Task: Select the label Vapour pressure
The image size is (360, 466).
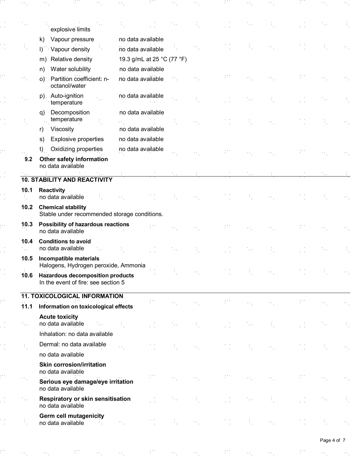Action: click(x=72, y=39)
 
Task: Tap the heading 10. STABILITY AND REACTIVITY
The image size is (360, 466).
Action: click(x=67, y=180)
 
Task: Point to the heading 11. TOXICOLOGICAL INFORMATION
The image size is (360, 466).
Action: click(x=72, y=296)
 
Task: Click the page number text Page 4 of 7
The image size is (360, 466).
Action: click(x=332, y=440)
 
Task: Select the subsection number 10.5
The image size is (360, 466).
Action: click(x=27, y=258)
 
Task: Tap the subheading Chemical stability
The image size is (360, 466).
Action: click(x=62, y=207)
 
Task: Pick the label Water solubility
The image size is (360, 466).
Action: click(x=71, y=69)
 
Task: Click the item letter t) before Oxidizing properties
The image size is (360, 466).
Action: click(x=42, y=149)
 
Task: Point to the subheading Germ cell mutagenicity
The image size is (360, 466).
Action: click(x=72, y=416)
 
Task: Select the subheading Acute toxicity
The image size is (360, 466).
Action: click(x=59, y=317)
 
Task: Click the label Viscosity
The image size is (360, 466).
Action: click(x=62, y=129)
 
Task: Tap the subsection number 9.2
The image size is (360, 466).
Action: click(x=29, y=159)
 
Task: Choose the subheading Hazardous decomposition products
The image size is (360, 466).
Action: click(x=86, y=275)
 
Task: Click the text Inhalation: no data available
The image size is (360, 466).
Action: click(x=76, y=334)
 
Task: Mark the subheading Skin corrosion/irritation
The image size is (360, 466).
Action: click(x=73, y=365)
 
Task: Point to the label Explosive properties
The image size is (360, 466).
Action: click(x=77, y=139)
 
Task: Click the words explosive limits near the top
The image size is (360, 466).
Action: click(x=70, y=29)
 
